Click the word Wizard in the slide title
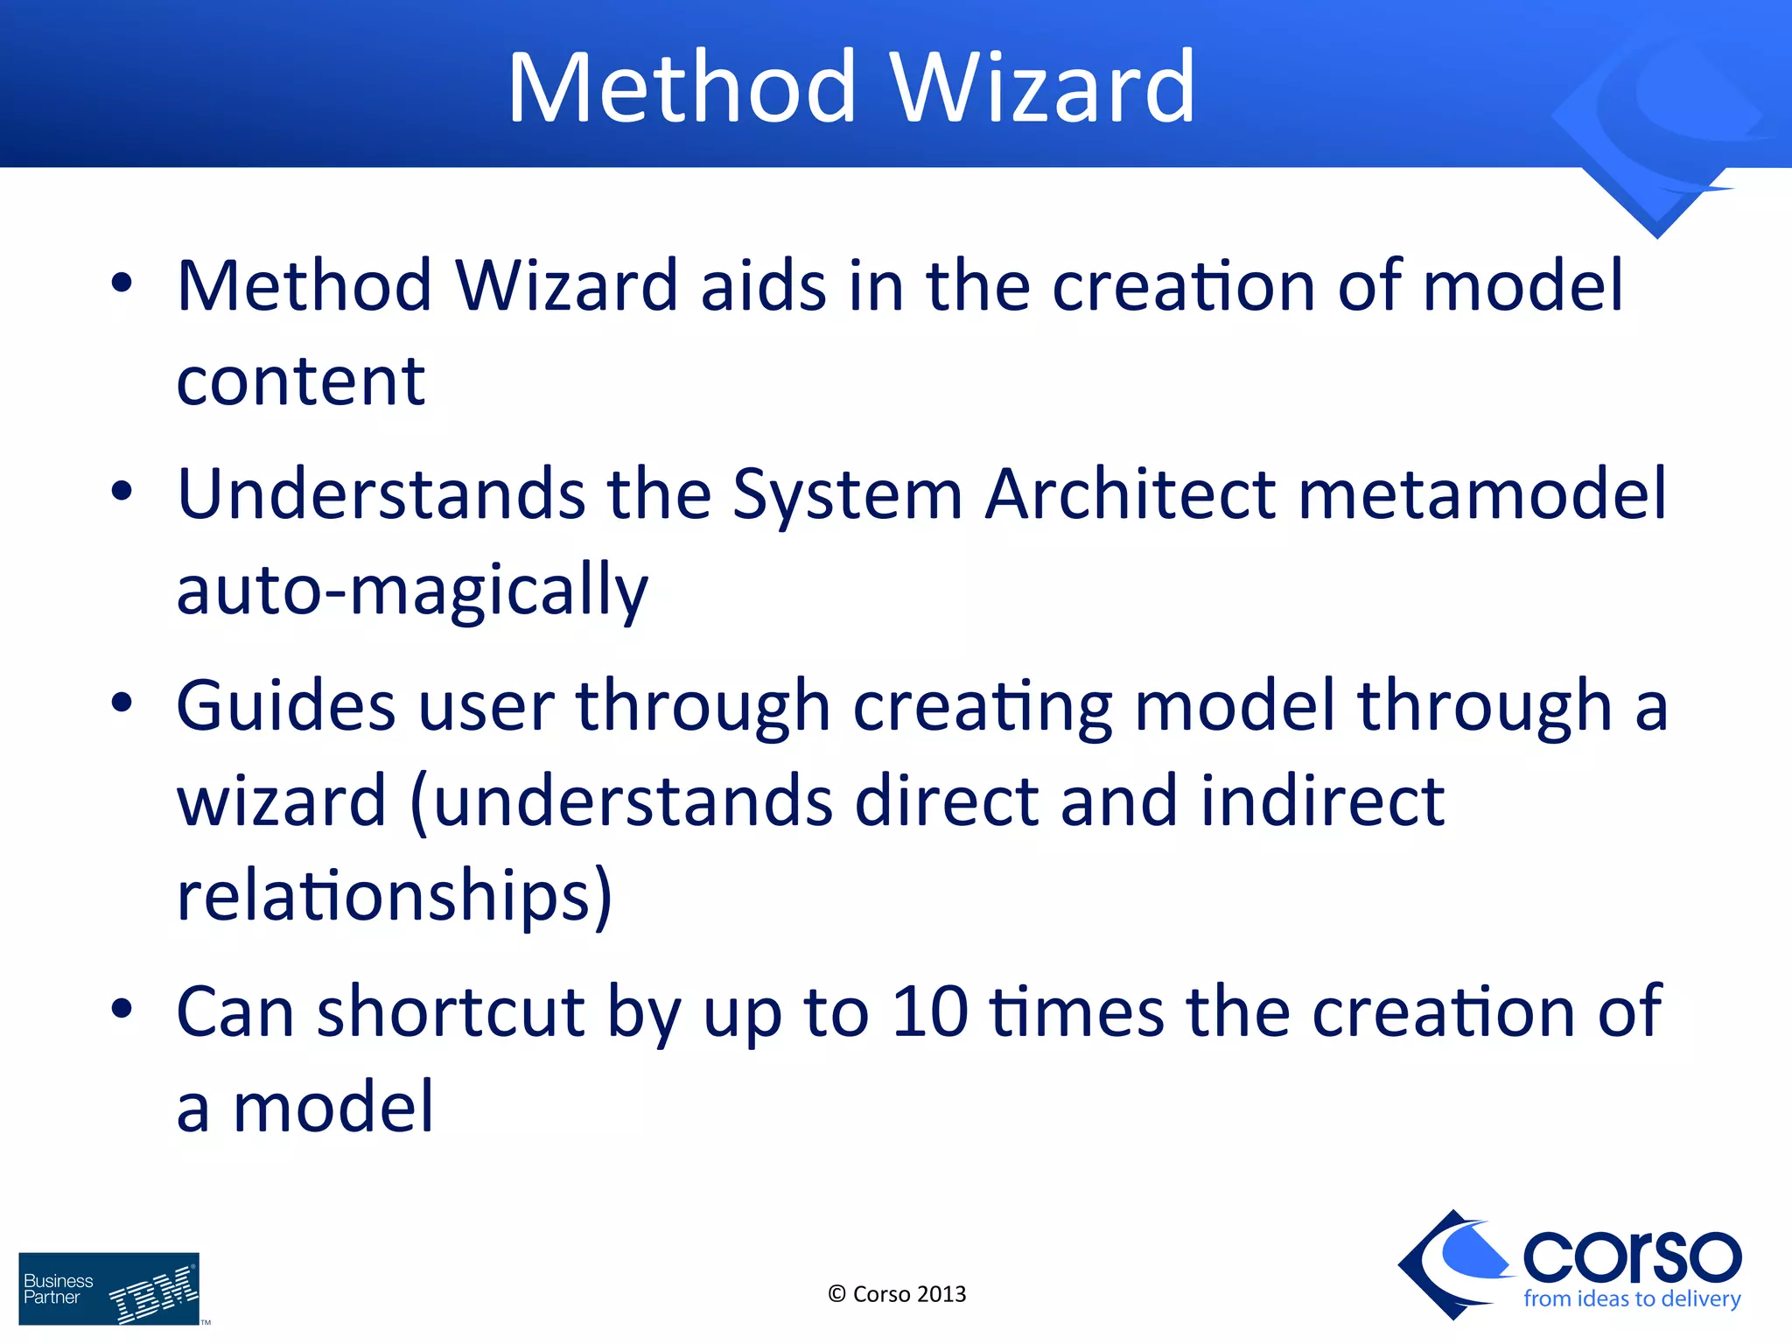coord(1041,87)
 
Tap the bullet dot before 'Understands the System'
coord(122,492)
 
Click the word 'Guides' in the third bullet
coord(286,705)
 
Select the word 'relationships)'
coord(394,896)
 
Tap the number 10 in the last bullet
coord(929,1012)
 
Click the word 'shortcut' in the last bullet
coord(451,1012)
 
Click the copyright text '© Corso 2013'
coord(897,1294)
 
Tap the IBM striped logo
coord(154,1294)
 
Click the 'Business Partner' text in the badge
coord(58,1289)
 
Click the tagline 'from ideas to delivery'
coord(1632,1299)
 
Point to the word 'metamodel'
coord(1482,494)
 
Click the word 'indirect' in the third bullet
coord(1322,801)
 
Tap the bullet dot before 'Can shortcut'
coord(122,1008)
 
